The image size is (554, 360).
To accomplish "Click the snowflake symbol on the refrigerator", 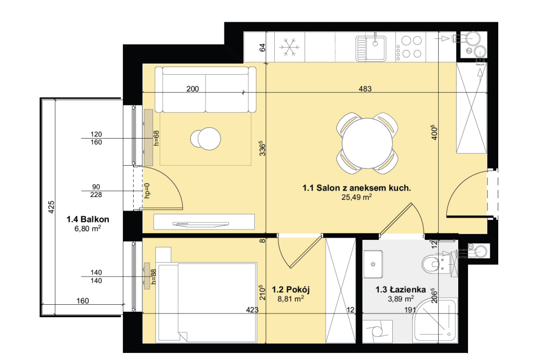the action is coord(289,48).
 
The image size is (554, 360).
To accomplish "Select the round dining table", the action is coord(367,143).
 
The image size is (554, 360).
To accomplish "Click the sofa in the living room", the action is coord(206,89).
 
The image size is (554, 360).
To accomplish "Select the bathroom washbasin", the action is coord(373,264).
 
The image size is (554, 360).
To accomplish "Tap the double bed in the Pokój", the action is coord(207,303).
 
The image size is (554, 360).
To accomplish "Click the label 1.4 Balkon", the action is coord(88,219).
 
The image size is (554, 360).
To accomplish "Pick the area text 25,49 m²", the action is coord(357,197).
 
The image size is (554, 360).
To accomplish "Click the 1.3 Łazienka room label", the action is coord(400,290).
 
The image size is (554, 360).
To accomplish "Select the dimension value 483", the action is coord(365,89).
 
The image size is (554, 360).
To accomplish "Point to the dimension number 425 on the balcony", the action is coord(51,207).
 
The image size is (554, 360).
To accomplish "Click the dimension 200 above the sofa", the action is coord(193,89).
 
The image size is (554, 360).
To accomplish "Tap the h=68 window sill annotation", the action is coord(156,138).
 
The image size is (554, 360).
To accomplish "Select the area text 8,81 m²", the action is coord(291,299).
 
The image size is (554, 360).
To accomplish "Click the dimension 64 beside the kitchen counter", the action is coord(262,48).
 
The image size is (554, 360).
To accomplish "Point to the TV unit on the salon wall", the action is coord(204,222).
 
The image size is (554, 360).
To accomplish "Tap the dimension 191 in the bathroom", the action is coord(410,310).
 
